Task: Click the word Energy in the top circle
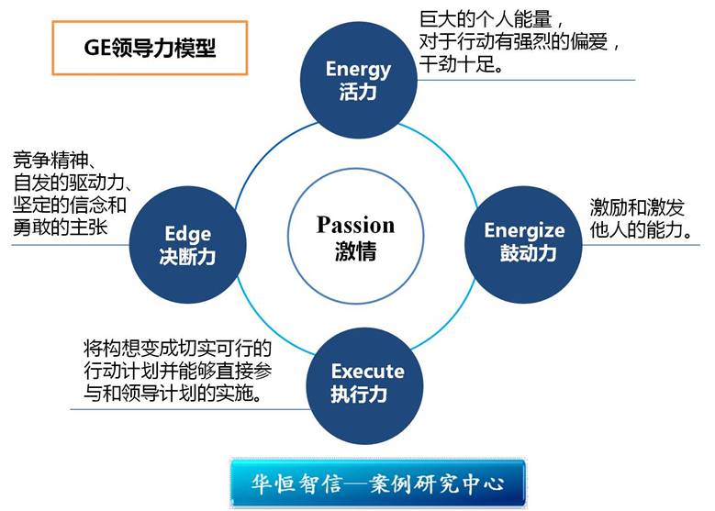coord(358,70)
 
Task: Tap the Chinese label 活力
coord(358,92)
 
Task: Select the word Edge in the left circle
coord(188,234)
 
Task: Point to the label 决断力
coord(187,257)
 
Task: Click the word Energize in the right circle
coord(524,230)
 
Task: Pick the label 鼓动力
coord(528,253)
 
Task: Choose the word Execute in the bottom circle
coord(367,371)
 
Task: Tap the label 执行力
coord(359,394)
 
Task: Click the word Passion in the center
coord(356,225)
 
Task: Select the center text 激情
coord(356,251)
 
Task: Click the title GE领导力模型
coord(150,48)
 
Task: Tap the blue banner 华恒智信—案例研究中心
coord(378,483)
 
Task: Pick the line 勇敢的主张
coord(61,227)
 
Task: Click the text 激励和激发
coord(637,207)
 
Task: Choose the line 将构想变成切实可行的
coord(177,350)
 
